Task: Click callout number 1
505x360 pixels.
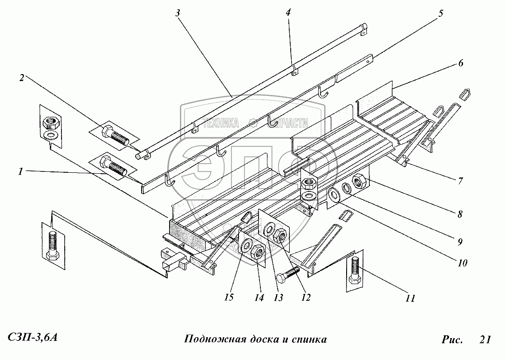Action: tap(20, 171)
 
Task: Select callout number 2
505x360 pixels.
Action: tap(21, 78)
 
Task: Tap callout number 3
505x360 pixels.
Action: tap(178, 13)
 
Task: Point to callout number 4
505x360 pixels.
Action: tap(288, 13)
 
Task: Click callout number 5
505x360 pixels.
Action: tap(440, 13)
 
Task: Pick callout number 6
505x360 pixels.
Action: tap(460, 63)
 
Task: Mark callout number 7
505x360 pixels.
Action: tap(460, 181)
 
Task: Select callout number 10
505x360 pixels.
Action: tap(462, 262)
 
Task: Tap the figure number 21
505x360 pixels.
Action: tap(485, 340)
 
